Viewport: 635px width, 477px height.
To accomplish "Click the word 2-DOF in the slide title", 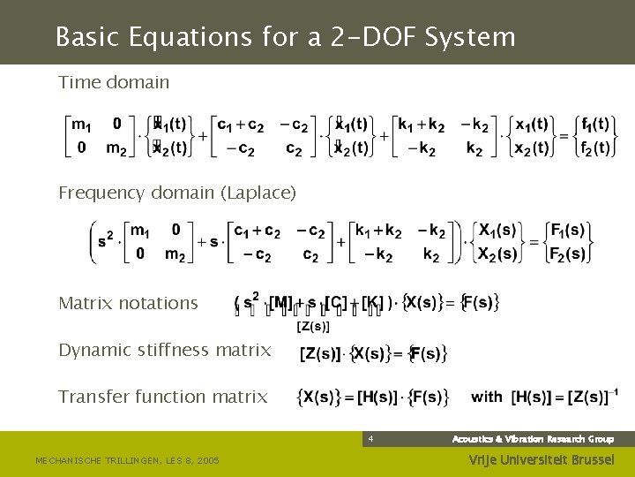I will pyautogui.click(x=371, y=37).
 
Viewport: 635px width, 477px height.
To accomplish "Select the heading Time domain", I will pyautogui.click(x=114, y=82).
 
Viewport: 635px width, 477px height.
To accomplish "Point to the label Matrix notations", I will pyautogui.click(x=128, y=303).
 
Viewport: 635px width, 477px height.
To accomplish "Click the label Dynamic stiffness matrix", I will pyautogui.click(x=164, y=350).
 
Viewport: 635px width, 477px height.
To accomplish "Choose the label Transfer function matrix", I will pyautogui.click(x=162, y=397).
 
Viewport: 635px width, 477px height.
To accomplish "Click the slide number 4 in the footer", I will pyautogui.click(x=371, y=439).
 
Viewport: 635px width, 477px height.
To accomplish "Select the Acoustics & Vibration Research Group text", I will pyautogui.click(x=533, y=439).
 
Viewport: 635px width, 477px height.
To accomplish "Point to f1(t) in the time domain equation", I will pyautogui.click(x=591, y=124).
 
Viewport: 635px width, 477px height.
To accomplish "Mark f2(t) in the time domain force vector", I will pyautogui.click(x=591, y=148).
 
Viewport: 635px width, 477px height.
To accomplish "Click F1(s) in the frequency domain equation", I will pyautogui.click(x=567, y=231).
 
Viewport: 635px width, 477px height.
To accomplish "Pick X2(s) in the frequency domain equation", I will pyautogui.click(x=497, y=254).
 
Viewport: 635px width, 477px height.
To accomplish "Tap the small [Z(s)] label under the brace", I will pyautogui.click(x=312, y=328).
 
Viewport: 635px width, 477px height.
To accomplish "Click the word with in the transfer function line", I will pyautogui.click(x=487, y=397).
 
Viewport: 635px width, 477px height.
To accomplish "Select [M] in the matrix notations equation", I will pyautogui.click(x=280, y=304).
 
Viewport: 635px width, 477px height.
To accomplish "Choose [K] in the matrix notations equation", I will pyautogui.click(x=372, y=304).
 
